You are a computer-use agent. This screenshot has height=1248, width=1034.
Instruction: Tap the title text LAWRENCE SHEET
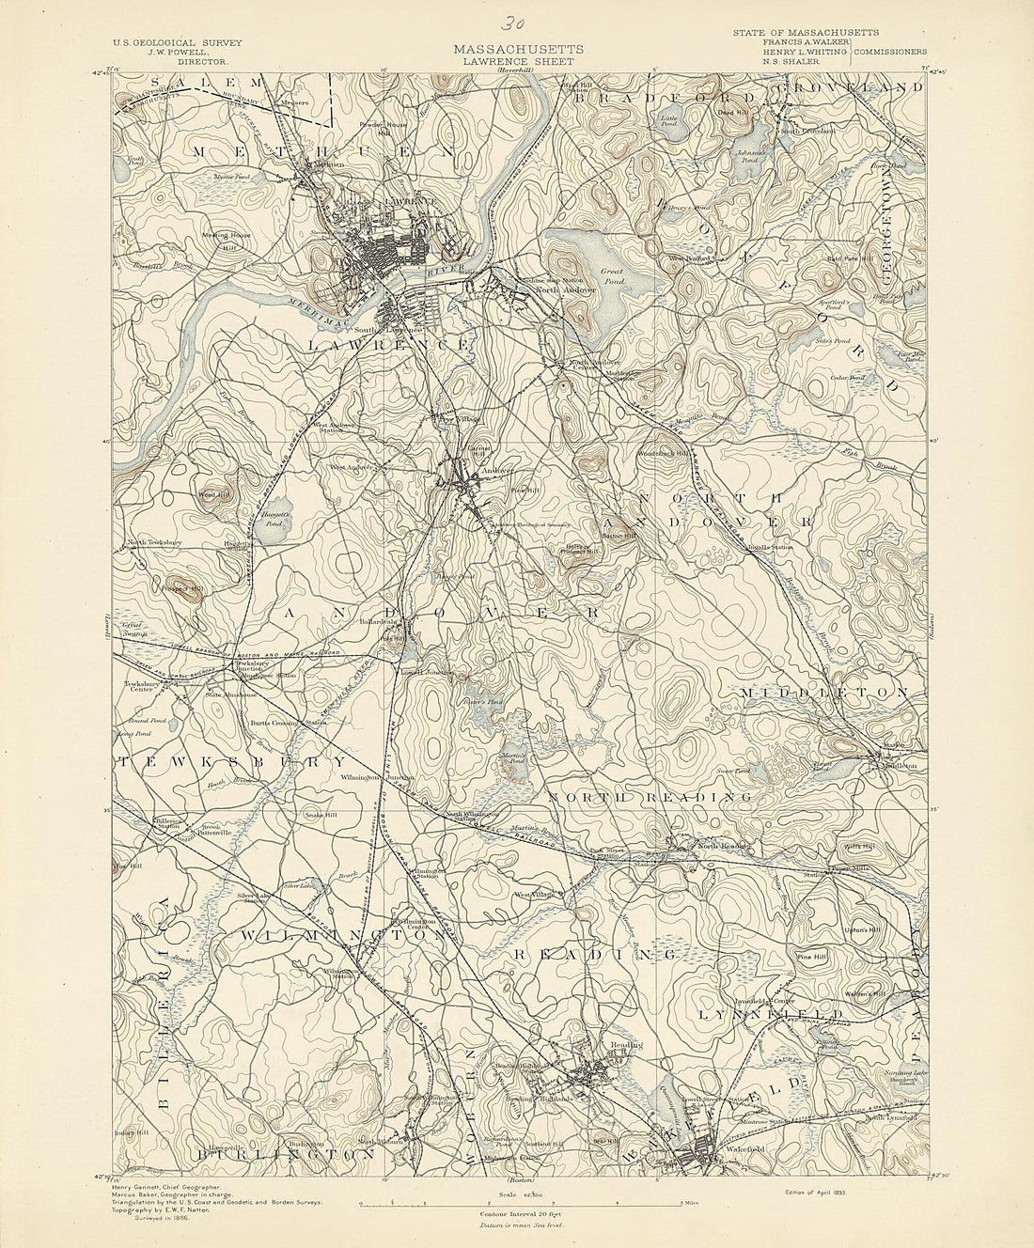click(519, 60)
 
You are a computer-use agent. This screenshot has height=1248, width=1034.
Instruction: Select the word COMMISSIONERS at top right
click(891, 53)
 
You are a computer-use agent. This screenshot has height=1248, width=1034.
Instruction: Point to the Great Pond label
click(612, 275)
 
